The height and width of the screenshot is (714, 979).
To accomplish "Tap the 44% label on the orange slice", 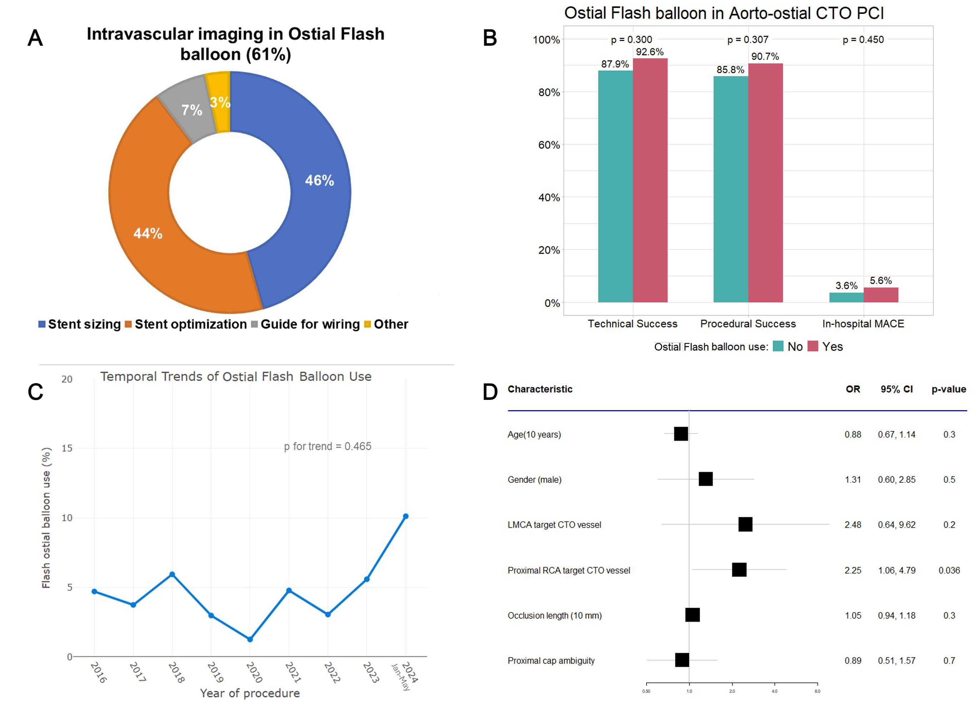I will coord(148,233).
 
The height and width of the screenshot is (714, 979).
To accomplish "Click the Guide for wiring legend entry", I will coord(310,324).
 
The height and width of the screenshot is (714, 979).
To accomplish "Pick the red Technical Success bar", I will coord(650,182).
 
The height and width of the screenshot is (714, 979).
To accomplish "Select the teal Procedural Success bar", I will coord(731,190).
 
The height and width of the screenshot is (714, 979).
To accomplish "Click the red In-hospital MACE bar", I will coord(880,295).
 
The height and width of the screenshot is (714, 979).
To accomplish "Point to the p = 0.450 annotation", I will coord(863,40).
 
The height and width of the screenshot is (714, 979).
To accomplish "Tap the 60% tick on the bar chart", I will coord(549,145).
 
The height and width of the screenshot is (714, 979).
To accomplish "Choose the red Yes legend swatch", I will coord(812,346).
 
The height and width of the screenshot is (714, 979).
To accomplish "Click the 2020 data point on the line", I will coord(250,639).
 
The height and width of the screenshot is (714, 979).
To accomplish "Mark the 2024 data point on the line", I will coord(405,516).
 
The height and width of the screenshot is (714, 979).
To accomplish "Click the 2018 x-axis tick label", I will coord(176,673).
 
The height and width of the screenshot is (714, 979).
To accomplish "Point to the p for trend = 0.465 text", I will coord(328,446).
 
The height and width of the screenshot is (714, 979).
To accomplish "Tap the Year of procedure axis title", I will coord(250,693).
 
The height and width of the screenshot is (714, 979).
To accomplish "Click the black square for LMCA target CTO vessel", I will coord(745,524).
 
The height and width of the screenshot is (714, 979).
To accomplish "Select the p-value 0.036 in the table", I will coord(949,570).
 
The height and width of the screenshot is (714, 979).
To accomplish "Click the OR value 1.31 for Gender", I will coord(853,480).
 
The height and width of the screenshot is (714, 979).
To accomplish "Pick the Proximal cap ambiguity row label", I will coord(551,661).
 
